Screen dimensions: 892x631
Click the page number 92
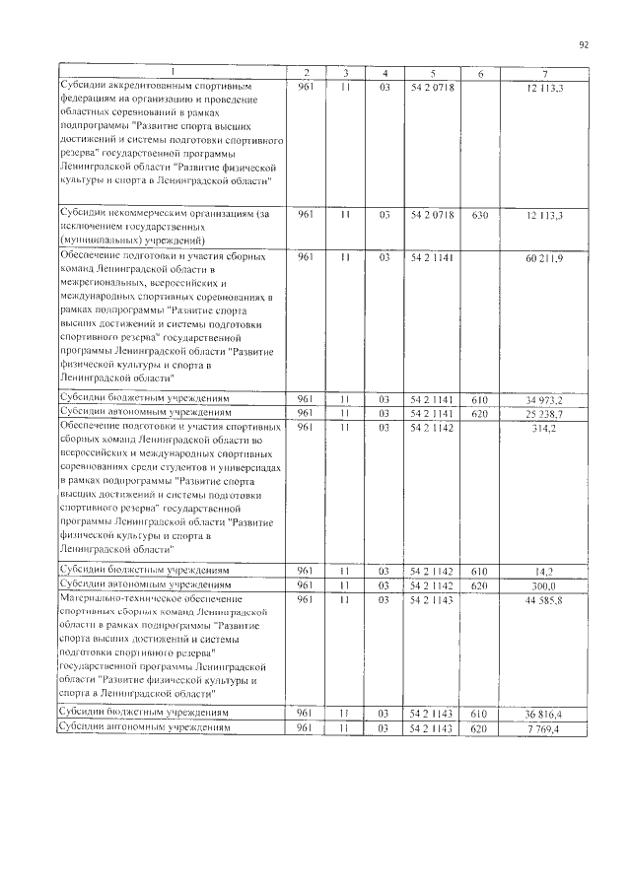pos(584,44)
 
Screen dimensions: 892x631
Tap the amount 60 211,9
pos(545,258)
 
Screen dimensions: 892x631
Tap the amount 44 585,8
pos(544,600)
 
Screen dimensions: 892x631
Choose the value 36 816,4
pos(544,712)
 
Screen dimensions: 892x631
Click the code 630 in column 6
pos(480,215)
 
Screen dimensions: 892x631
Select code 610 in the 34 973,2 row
pos(480,399)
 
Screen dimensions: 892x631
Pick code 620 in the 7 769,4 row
pos(480,728)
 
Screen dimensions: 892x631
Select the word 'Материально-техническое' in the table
pos(102,598)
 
